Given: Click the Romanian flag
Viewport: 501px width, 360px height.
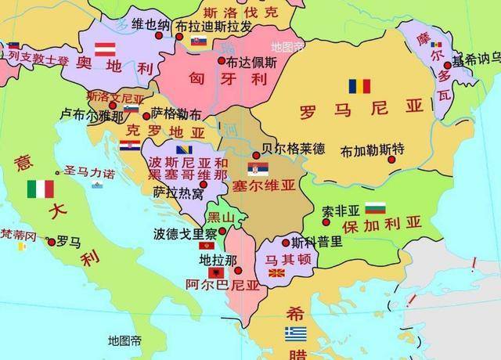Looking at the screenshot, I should (x=359, y=85).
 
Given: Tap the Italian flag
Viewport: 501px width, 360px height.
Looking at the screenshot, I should (x=40, y=189).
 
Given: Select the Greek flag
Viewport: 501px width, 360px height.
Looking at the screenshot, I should (x=296, y=334).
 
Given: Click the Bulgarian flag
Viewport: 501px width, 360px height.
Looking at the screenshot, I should (x=377, y=208).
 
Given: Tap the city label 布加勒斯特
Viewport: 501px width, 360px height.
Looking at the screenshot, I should (x=373, y=149).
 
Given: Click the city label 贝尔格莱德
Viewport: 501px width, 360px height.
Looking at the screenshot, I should (x=294, y=146).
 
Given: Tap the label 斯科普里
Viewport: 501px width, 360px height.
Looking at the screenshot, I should (x=316, y=242).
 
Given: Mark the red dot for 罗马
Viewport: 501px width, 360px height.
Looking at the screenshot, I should (x=51, y=243).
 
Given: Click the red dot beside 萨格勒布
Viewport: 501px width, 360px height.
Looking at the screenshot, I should (x=146, y=115).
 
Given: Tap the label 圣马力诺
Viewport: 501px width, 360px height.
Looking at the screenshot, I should (x=88, y=172).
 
